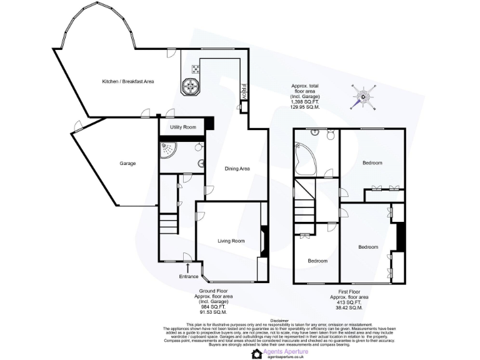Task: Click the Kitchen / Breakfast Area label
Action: (128, 81)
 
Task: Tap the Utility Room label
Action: (182, 127)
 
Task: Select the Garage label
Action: (127, 164)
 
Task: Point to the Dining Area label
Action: (237, 168)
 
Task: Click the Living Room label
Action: (231, 241)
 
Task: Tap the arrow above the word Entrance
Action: (188, 268)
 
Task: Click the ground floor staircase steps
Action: (168, 223)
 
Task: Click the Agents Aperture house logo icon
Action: (256, 354)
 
